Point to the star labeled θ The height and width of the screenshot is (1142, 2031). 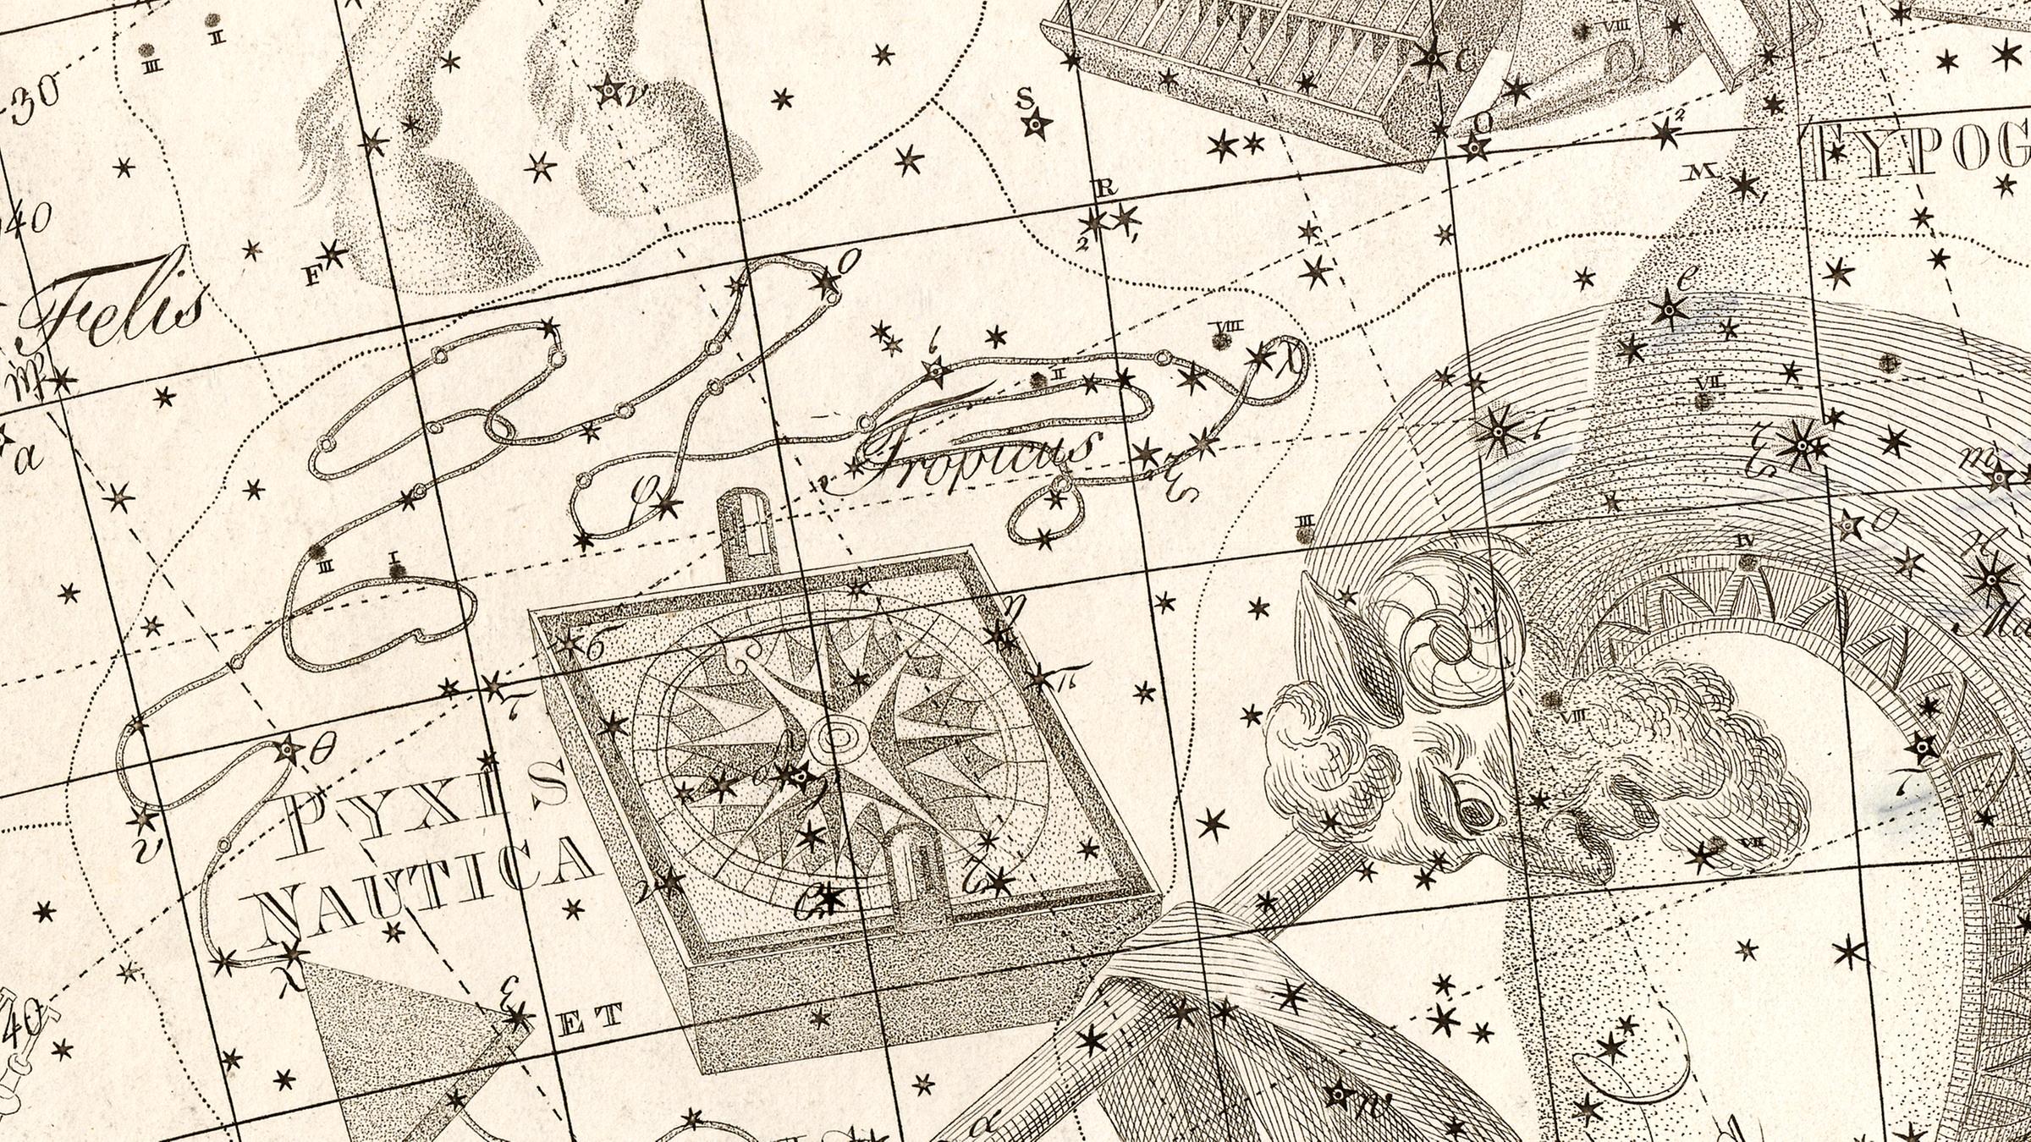pos(288,749)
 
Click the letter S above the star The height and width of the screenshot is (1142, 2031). pos(1025,99)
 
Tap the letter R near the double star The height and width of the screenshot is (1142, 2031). pos(1105,189)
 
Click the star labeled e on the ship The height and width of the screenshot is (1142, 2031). pos(1668,312)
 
